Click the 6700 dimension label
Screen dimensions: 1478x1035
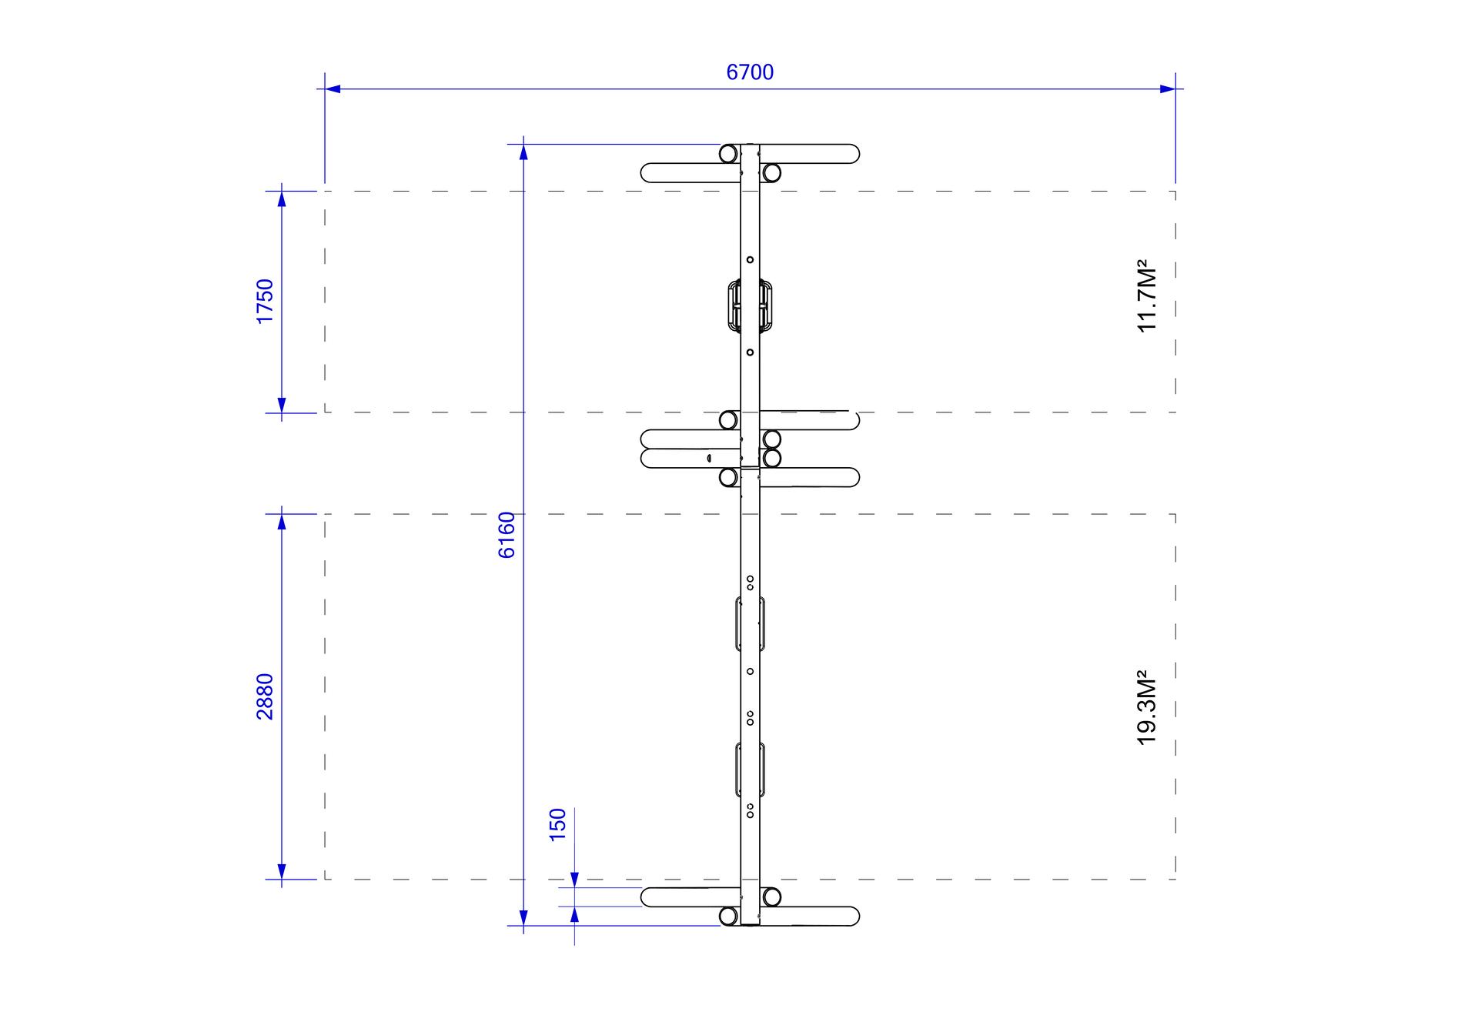click(750, 72)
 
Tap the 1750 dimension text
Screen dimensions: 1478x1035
click(265, 302)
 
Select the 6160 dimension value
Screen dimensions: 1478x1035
click(507, 535)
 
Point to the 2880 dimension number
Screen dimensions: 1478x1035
click(265, 696)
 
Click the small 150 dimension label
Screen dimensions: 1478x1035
click(557, 825)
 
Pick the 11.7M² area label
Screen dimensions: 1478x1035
click(1147, 296)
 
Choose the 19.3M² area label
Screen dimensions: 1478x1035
click(1147, 709)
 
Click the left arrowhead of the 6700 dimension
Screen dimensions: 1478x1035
click(333, 88)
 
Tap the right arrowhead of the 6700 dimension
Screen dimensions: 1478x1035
click(1167, 88)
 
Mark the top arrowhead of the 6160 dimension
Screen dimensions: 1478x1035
click(523, 152)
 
